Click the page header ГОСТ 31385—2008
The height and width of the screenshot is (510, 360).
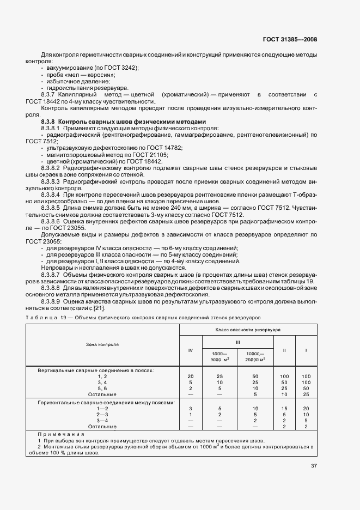[290, 39]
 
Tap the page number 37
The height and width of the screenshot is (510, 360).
[314, 466]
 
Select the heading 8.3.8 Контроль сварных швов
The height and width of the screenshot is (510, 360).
[124, 122]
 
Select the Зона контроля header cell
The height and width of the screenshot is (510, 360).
[102, 344]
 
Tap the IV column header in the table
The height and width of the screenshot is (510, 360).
[190, 351]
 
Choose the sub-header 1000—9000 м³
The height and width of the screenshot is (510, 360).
[220, 356]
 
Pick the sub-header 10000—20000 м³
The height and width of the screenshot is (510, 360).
[255, 356]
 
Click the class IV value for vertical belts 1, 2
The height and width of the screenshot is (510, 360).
[190, 377]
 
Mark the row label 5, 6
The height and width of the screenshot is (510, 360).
[102, 388]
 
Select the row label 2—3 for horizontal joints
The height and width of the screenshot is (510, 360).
[102, 414]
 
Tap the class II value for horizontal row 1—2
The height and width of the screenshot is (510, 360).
[284, 408]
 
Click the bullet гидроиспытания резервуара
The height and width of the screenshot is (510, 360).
[87, 88]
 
